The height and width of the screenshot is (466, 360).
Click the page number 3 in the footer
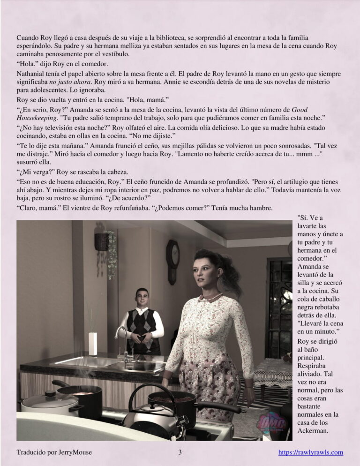click(x=180, y=453)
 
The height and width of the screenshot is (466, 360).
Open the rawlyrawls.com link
click(x=311, y=453)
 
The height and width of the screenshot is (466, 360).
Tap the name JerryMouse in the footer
click(x=73, y=453)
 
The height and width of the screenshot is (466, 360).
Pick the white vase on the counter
click(x=93, y=344)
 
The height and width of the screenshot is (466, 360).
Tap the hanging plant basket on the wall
click(x=102, y=242)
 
